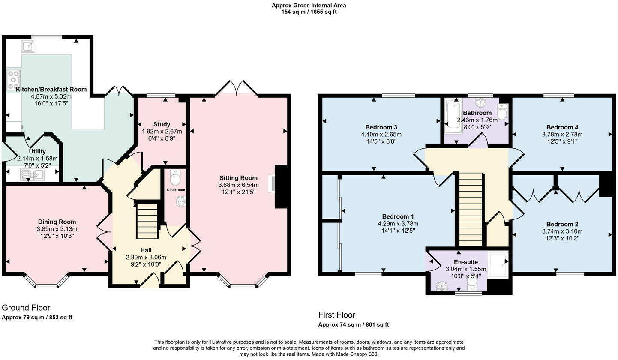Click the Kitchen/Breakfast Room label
pos(51,90)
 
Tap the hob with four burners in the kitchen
pos(13,80)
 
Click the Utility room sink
pos(33,174)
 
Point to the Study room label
pos(162,124)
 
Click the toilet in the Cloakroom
pos(175,177)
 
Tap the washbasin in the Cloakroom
pos(181,201)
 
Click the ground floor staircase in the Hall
pos(147,221)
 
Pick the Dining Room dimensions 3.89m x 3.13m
pos(57,229)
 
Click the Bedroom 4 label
pos(562,127)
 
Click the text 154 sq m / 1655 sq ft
pos(309,12)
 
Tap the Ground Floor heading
pos(26,308)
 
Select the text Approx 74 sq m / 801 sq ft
pos(353,325)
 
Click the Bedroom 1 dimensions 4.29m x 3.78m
pos(398,224)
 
